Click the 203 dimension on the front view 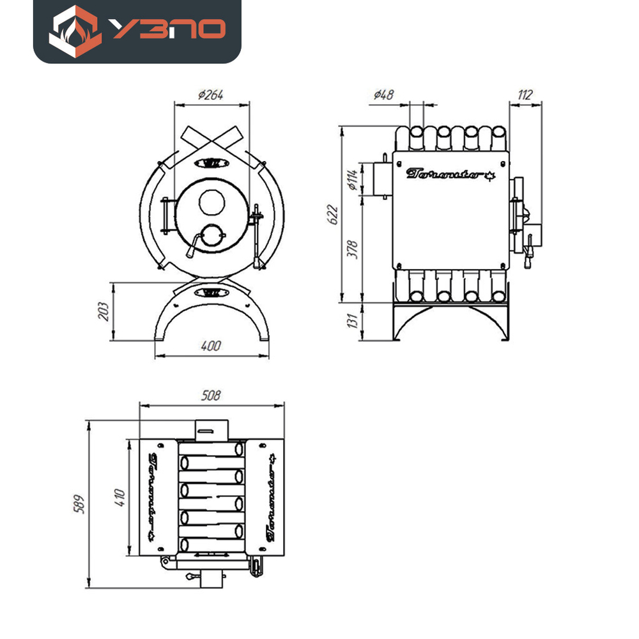105,311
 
